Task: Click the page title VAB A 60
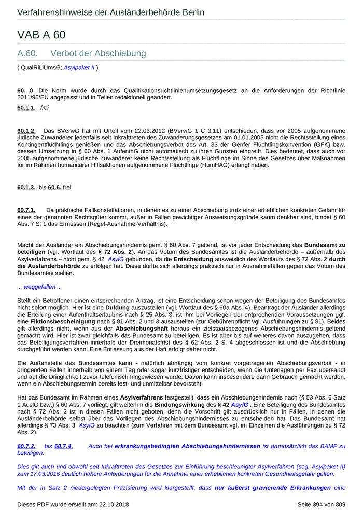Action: tap(41, 35)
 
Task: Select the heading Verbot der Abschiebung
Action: tap(98, 53)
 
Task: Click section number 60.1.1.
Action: tap(26, 107)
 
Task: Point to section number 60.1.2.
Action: tap(26, 130)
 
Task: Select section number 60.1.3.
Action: tap(26, 187)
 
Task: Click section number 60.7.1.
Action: tap(26, 210)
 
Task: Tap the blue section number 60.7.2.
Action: tap(26, 446)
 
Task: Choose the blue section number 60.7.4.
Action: tap(63, 446)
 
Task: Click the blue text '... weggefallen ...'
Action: tap(39, 287)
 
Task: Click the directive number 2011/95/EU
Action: tap(36, 97)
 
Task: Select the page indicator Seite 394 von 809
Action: tap(321, 504)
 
